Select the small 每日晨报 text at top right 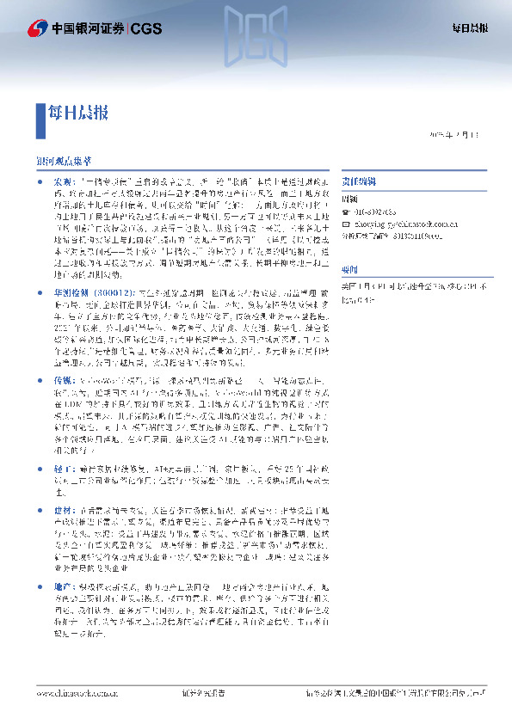[471, 28]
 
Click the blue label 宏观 [64, 183]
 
